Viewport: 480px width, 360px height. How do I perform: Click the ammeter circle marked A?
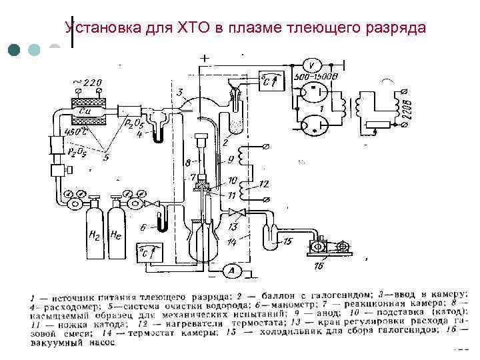[231, 270]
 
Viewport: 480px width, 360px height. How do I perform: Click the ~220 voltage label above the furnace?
[87, 83]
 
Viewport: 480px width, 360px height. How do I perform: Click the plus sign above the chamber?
[203, 59]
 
